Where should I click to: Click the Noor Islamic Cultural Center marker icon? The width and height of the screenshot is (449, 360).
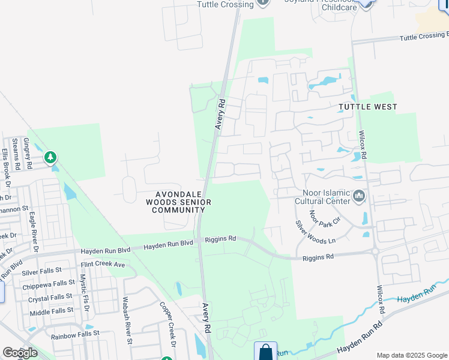(x=360, y=196)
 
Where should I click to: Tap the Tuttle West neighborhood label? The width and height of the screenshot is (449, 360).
(x=367, y=107)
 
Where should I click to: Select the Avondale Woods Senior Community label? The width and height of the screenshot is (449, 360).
(x=183, y=202)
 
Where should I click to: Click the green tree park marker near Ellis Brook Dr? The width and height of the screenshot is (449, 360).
(x=51, y=158)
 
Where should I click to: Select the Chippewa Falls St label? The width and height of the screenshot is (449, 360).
(x=49, y=285)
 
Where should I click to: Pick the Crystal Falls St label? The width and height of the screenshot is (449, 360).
(x=51, y=297)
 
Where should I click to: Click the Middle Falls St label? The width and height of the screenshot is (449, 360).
(x=52, y=310)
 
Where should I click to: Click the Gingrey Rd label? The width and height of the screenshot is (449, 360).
(x=27, y=152)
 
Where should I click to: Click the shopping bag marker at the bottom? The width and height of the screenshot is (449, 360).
(x=265, y=352)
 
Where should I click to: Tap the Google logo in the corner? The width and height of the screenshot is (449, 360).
(x=20, y=353)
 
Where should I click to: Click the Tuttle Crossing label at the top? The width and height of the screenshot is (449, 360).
(x=225, y=4)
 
